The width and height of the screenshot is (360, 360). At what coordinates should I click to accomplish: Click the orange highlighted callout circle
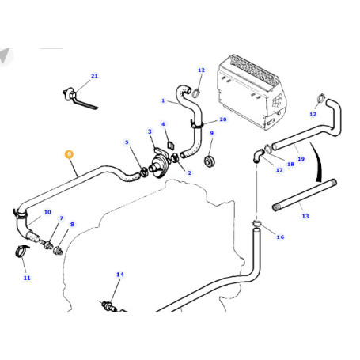click(x=69, y=154)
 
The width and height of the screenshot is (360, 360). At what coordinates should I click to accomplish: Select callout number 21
click(x=94, y=76)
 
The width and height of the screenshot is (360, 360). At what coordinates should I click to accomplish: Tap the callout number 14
click(x=120, y=275)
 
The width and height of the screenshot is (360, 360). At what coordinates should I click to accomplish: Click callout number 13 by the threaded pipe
click(x=305, y=216)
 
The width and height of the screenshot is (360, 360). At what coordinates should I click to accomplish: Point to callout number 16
click(x=280, y=237)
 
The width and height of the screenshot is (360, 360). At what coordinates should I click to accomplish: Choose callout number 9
click(x=212, y=133)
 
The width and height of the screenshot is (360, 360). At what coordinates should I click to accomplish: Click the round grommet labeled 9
click(x=210, y=161)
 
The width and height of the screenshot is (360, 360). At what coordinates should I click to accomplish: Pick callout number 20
click(x=223, y=119)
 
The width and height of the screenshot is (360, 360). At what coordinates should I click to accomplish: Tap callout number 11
click(x=27, y=278)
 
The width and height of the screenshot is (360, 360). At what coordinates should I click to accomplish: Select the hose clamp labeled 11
click(x=21, y=251)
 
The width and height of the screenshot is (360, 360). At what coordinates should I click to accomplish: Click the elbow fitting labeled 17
click(x=258, y=156)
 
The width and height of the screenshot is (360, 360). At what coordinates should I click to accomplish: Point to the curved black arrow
click(x=317, y=161)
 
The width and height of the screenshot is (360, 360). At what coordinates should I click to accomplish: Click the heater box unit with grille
click(x=251, y=93)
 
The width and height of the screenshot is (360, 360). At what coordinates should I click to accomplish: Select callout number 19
click(x=301, y=159)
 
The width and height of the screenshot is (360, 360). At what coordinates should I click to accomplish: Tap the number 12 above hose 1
click(x=201, y=70)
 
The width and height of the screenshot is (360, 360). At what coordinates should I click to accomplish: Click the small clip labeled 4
click(x=171, y=146)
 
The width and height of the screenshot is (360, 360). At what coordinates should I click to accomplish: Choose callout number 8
click(x=72, y=225)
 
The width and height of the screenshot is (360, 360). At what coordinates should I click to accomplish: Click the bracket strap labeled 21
click(x=80, y=99)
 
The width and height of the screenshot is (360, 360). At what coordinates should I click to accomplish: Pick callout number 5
click(x=127, y=142)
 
